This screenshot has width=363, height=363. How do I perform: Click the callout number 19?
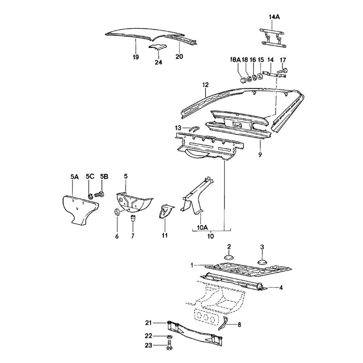136,57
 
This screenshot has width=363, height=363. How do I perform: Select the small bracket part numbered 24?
158,48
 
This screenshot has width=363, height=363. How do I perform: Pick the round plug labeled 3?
262,261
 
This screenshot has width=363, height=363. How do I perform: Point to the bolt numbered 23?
170,347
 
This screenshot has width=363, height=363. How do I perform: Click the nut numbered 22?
170,337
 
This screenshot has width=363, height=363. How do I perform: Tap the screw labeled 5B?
99,195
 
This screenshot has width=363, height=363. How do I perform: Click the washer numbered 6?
117,213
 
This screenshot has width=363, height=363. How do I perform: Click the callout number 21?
148,322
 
